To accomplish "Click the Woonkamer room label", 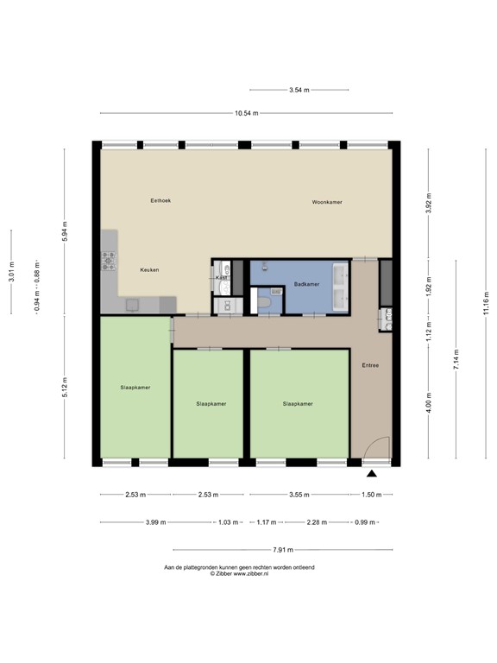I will pyautogui.click(x=327, y=202).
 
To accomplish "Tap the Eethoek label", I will pyautogui.click(x=160, y=200).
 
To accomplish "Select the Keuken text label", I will pyautogui.click(x=149, y=269).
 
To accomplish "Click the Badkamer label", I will pyautogui.click(x=306, y=283).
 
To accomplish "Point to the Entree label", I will pyautogui.click(x=371, y=365).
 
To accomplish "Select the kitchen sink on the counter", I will pyautogui.click(x=133, y=304).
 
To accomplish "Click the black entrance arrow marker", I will pyautogui.click(x=372, y=474).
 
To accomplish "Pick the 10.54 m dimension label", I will pyautogui.click(x=246, y=113).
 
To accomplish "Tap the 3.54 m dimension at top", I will pyautogui.click(x=299, y=89).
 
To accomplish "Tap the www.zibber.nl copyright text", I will pyautogui.click(x=239, y=573).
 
